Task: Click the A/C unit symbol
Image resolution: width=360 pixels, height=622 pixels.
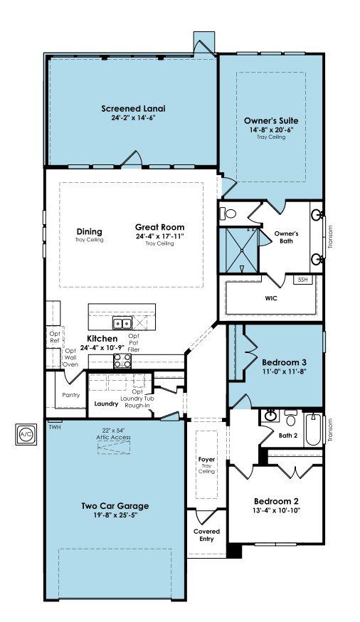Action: tap(26, 434)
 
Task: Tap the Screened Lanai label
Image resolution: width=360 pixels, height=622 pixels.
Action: tap(133, 108)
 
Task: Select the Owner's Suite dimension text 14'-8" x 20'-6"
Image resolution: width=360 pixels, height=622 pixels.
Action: tap(271, 130)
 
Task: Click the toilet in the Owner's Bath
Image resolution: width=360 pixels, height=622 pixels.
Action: tap(229, 214)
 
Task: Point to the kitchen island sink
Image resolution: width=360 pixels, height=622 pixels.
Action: tap(122, 324)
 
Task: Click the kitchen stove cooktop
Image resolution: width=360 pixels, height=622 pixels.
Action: tap(122, 361)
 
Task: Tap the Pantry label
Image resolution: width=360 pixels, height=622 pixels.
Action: tap(71, 395)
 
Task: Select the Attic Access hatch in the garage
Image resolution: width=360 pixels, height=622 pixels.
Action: tap(113, 447)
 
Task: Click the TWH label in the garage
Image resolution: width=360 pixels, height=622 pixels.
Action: tap(54, 427)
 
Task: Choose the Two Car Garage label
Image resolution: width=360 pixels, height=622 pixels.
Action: tap(115, 506)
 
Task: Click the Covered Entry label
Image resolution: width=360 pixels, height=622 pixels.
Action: tap(206, 534)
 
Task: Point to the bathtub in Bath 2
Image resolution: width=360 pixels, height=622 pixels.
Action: tap(314, 430)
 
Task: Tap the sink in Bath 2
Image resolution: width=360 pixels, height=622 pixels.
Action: tap(270, 416)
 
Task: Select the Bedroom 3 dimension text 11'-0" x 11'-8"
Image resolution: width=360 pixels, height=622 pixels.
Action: tap(285, 371)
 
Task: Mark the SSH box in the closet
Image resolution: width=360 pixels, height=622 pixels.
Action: tap(303, 279)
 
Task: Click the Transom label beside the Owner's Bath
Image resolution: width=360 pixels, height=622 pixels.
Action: tap(331, 237)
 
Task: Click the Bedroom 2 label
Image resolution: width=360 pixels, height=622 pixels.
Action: tap(276, 501)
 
